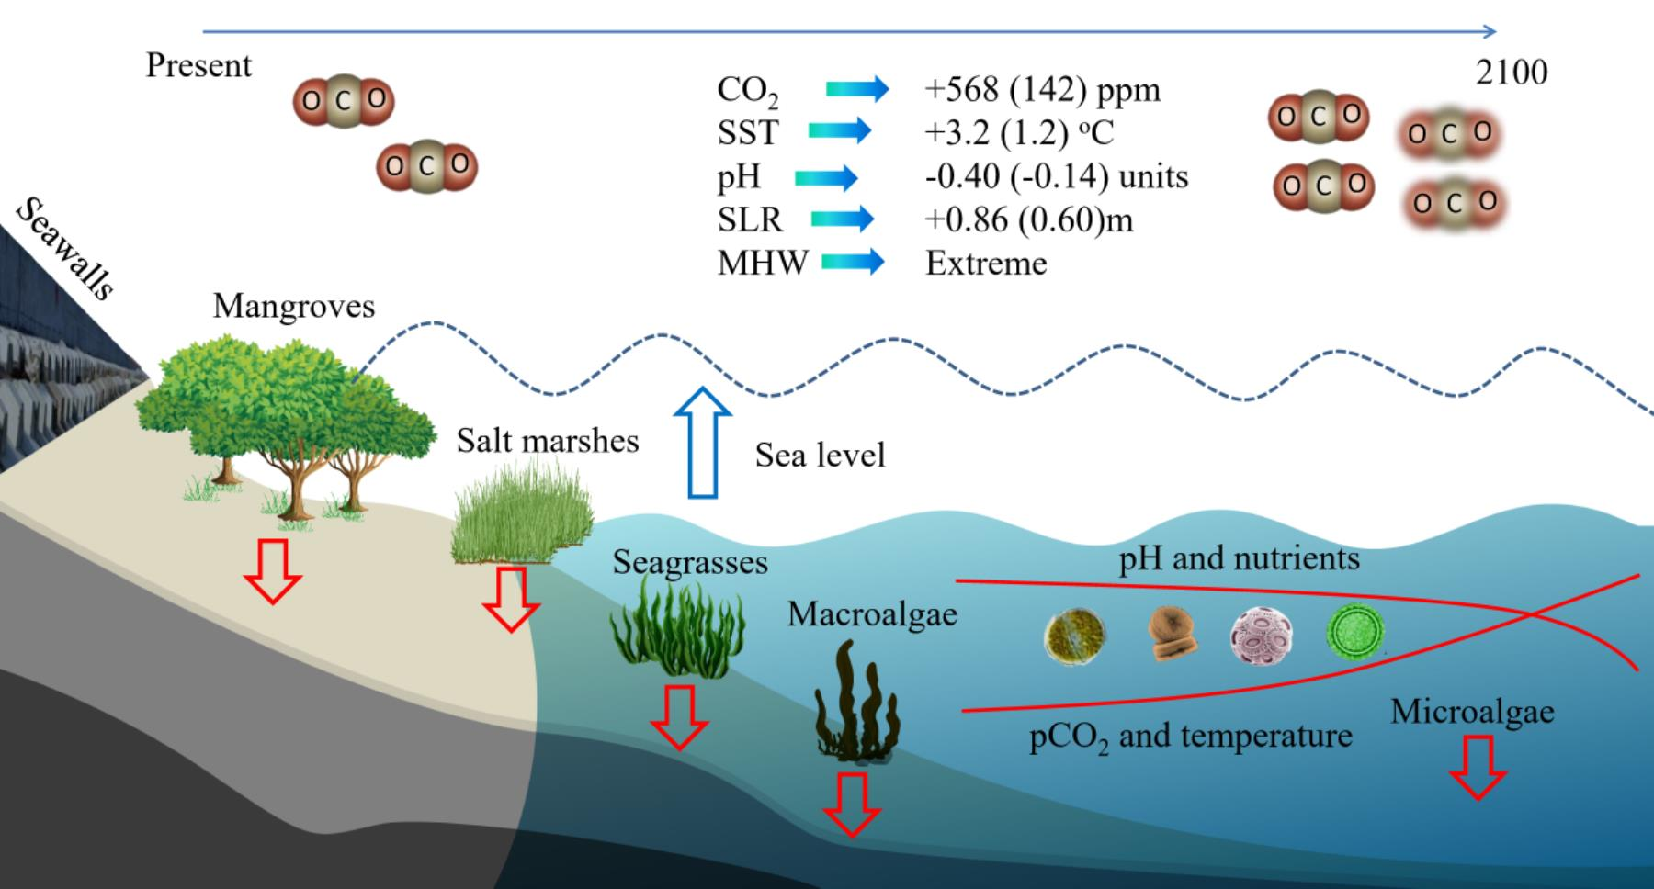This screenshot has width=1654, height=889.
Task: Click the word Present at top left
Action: pyautogui.click(x=198, y=66)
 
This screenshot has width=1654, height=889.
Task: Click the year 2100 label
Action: pyautogui.click(x=1512, y=73)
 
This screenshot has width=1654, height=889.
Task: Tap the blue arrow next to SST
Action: pyautogui.click(x=839, y=131)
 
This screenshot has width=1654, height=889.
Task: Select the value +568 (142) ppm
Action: pyautogui.click(x=1042, y=90)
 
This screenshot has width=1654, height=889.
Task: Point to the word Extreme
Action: pyautogui.click(x=986, y=264)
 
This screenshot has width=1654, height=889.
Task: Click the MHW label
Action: pyautogui.click(x=762, y=264)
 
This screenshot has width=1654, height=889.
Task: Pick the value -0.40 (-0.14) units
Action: pyautogui.click(x=1056, y=176)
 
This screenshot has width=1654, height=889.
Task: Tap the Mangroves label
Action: pyautogui.click(x=294, y=306)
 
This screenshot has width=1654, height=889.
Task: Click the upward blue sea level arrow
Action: pyautogui.click(x=703, y=441)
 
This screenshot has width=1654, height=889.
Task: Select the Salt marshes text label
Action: pyautogui.click(x=548, y=441)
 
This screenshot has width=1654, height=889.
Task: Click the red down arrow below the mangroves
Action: pyautogui.click(x=273, y=570)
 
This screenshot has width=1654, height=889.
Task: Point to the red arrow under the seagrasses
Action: pyautogui.click(x=679, y=715)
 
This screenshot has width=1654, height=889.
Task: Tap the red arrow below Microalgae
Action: pyautogui.click(x=1478, y=767)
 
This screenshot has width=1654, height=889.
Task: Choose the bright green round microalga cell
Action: pyautogui.click(x=1355, y=633)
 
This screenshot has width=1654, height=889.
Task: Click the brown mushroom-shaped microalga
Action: pyautogui.click(x=1173, y=634)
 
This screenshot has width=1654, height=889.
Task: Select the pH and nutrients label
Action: pyautogui.click(x=1239, y=558)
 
